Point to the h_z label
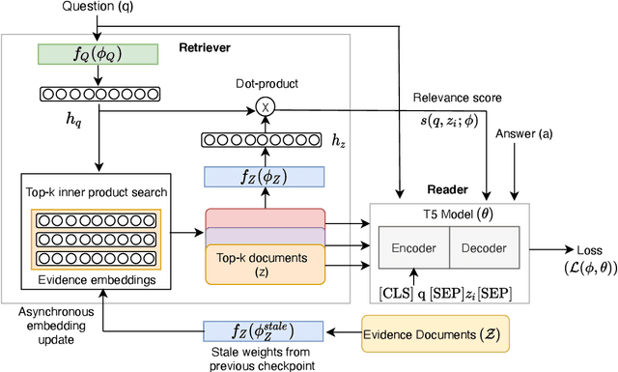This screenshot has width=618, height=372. click(338, 142)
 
